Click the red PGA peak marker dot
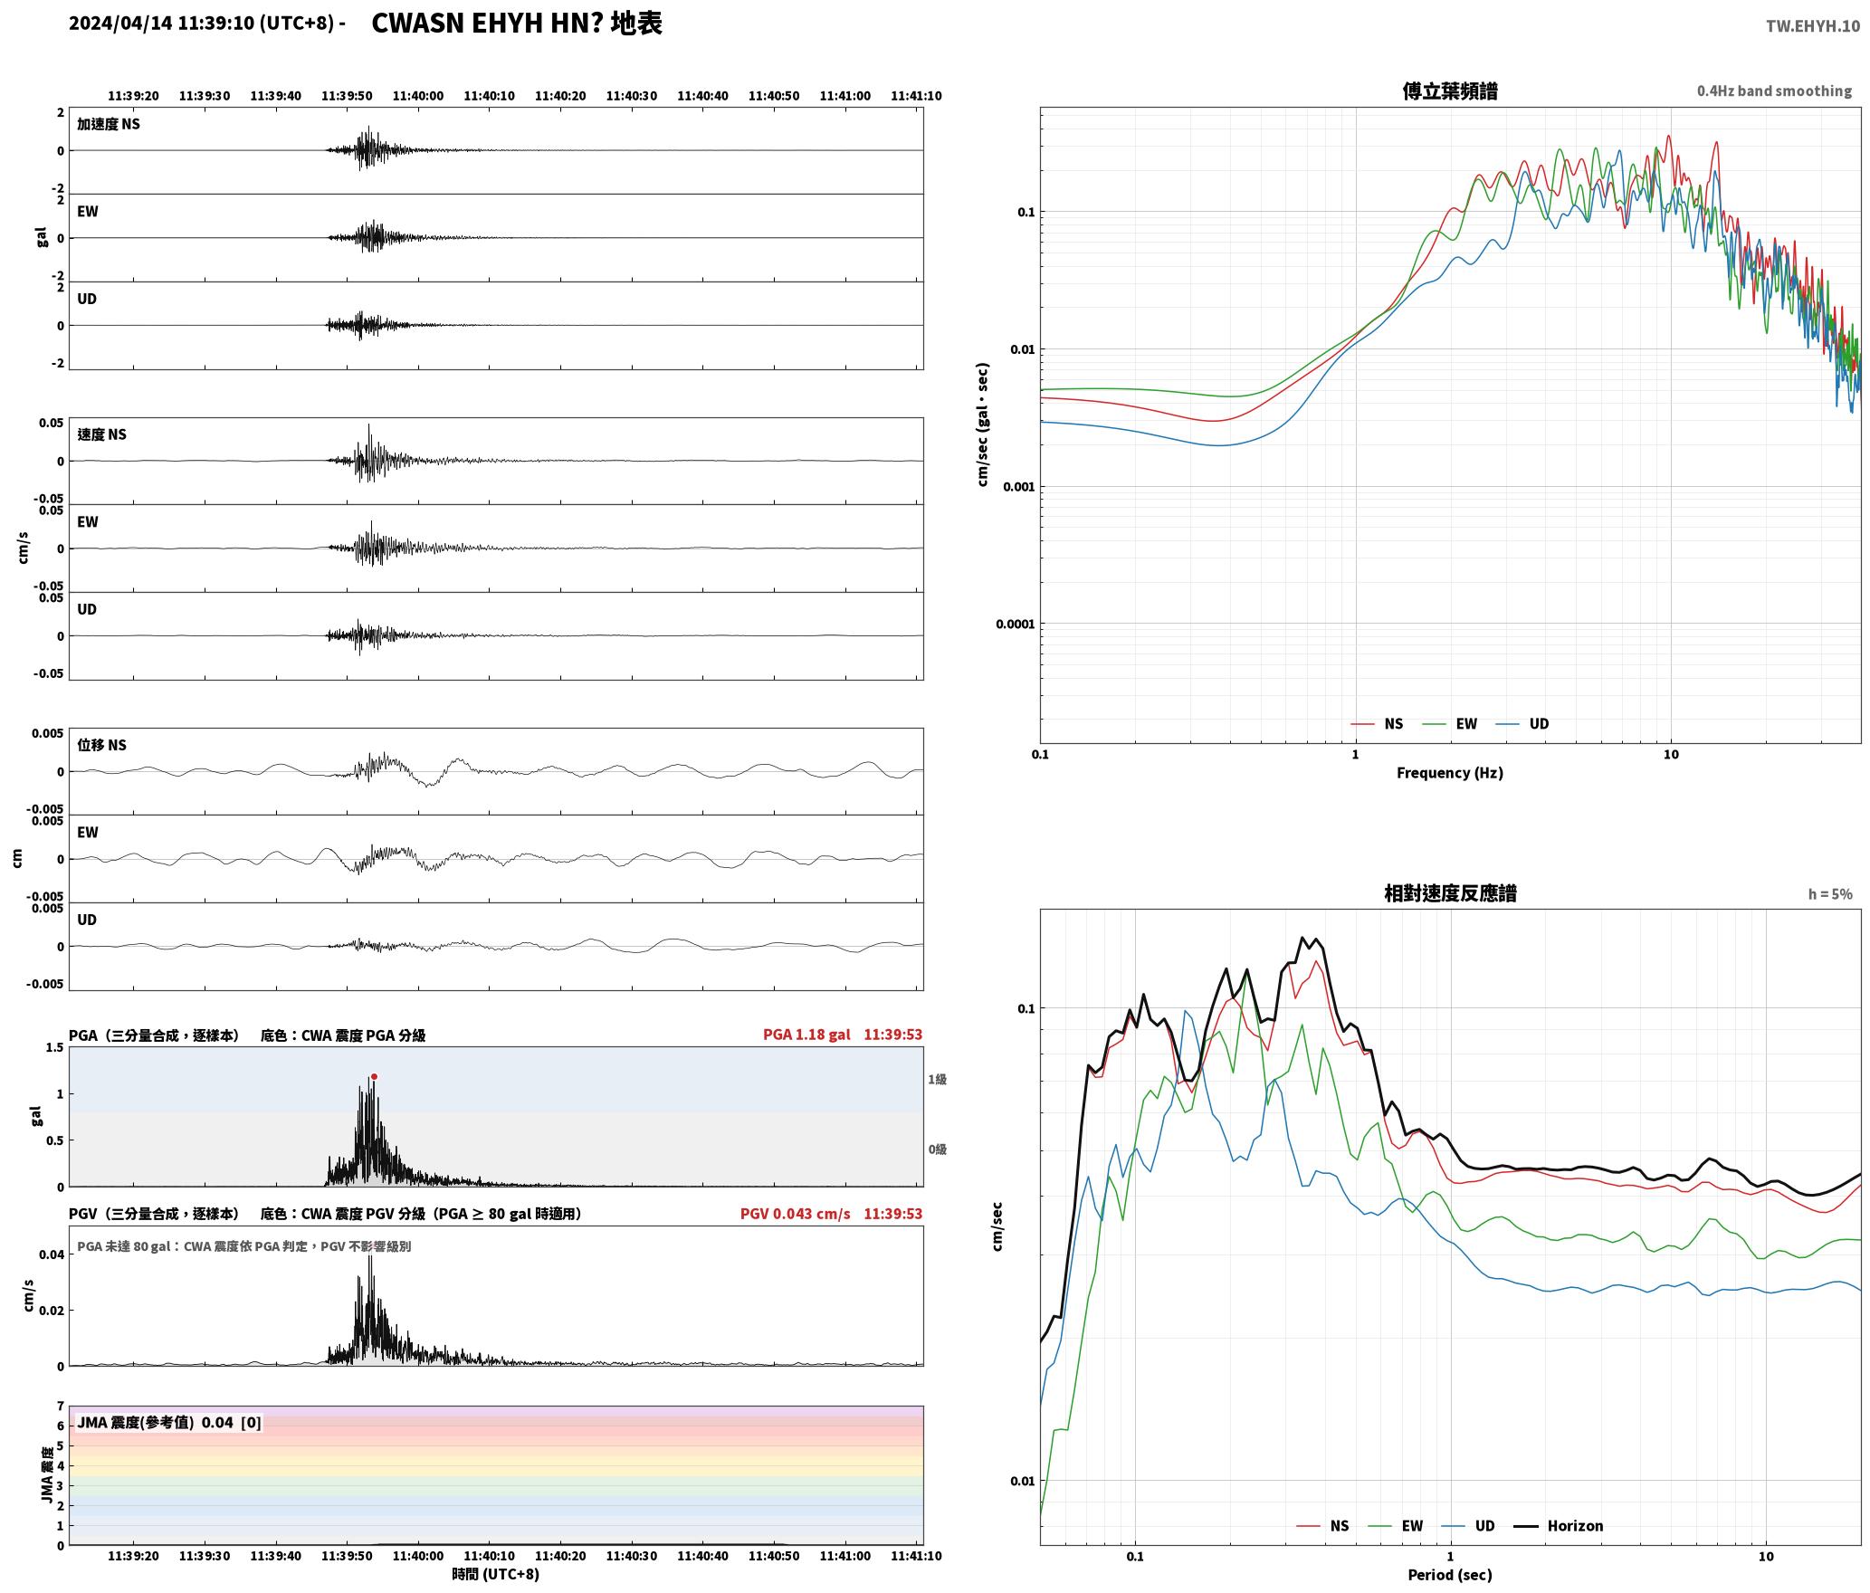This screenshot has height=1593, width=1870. pos(374,1077)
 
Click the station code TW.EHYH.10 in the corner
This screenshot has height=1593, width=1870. pos(1812,26)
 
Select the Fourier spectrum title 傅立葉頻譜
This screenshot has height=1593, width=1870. pos(1449,91)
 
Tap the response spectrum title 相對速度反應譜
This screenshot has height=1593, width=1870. pos(1450,893)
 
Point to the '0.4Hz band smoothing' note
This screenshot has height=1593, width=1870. pos(1774,91)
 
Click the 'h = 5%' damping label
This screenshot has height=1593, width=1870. pos(1830,894)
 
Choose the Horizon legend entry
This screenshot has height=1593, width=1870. pos(1559,1525)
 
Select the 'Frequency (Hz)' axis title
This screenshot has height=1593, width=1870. pos(1449,772)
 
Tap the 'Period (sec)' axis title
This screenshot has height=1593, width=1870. pos(1449,1575)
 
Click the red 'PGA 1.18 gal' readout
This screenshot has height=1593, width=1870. pos(806,1035)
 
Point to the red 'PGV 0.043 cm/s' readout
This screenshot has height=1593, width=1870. pos(795,1214)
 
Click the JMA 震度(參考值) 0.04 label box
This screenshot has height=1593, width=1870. pos(169,1422)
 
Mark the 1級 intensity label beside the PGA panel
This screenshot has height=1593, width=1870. pos(937,1079)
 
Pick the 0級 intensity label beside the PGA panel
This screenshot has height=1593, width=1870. pos(937,1149)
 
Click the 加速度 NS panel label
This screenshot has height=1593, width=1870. pos(109,124)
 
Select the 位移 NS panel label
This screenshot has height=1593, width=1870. pos(101,745)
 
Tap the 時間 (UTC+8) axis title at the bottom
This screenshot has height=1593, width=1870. pos(495,1574)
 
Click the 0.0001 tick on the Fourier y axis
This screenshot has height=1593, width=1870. pos(1014,624)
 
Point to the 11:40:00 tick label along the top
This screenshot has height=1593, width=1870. pos(418,95)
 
